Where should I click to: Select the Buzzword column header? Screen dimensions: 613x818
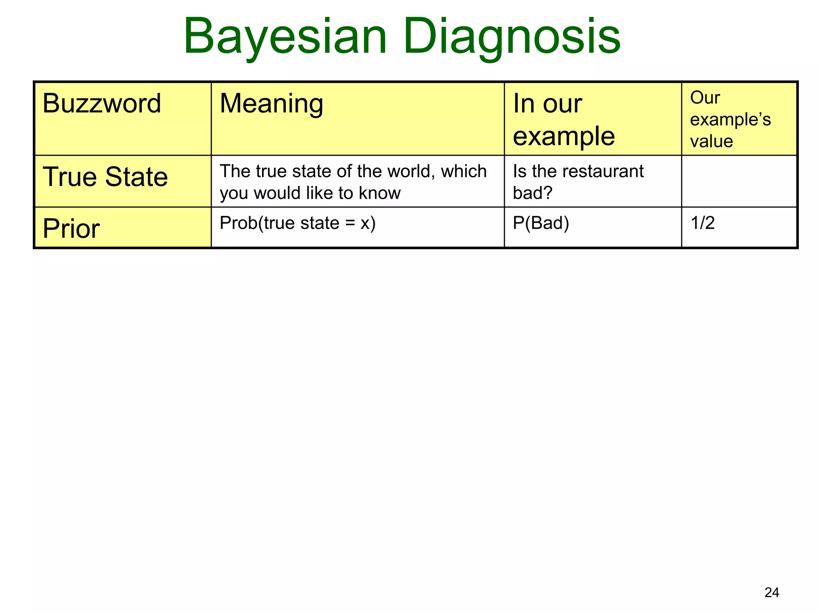(x=102, y=103)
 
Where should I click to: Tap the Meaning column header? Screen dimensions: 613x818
(x=272, y=103)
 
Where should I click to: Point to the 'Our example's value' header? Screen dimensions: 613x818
(x=730, y=119)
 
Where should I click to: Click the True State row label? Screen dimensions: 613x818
(x=105, y=177)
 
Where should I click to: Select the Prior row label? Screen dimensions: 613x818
(x=71, y=229)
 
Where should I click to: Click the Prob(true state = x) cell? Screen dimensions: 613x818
(x=298, y=223)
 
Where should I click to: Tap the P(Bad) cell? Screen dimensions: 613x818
(x=541, y=223)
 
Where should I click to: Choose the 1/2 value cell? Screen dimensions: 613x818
(x=703, y=223)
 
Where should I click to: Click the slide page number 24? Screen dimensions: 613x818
(x=772, y=593)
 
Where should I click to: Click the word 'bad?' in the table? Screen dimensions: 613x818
(x=532, y=193)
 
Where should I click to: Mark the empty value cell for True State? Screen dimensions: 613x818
(x=739, y=181)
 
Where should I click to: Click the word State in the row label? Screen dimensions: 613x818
(x=137, y=177)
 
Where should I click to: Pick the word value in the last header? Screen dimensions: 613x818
(x=711, y=141)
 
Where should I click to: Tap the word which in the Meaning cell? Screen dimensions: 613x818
(x=464, y=171)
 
